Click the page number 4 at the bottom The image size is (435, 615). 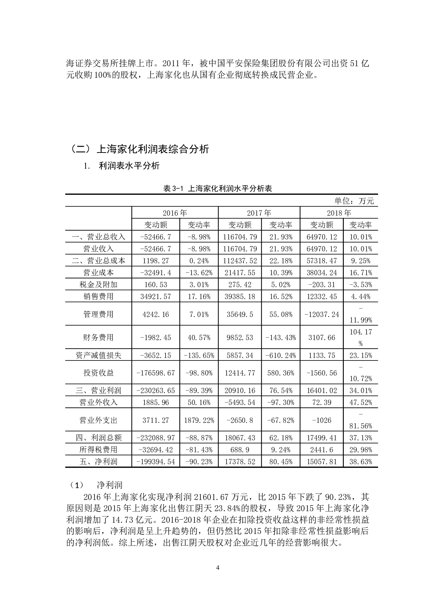[218, 568]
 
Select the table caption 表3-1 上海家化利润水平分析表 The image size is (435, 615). [217, 189]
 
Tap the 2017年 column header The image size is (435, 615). [259, 213]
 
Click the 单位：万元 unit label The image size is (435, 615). [354, 201]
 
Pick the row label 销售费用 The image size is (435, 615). [99, 297]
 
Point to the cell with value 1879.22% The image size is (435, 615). [199, 420]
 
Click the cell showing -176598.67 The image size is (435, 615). [155, 373]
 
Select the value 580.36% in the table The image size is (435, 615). [281, 373]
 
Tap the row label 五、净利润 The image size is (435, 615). [99, 462]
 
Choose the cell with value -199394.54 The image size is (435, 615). [155, 462]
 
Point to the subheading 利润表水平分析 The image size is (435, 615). [129, 166]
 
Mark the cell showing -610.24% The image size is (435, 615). [281, 356]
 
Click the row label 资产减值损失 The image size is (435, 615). [99, 356]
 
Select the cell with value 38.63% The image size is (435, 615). [361, 462]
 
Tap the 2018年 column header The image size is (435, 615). [339, 213]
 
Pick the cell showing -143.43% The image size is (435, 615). [281, 338]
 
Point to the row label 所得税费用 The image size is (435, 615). [99, 450]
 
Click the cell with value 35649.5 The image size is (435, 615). [240, 315]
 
